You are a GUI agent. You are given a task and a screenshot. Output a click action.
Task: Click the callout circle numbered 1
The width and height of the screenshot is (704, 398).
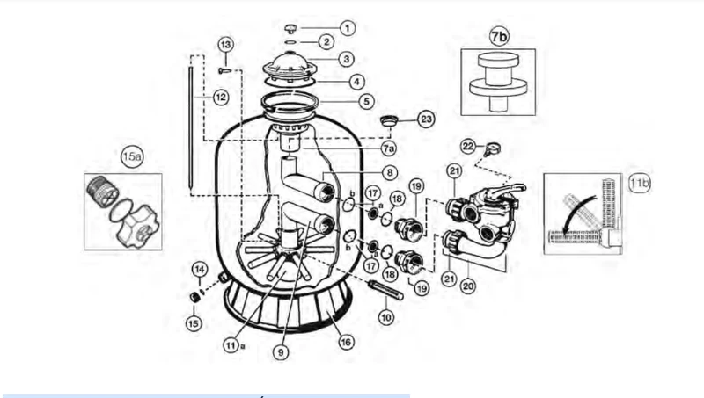[347, 28]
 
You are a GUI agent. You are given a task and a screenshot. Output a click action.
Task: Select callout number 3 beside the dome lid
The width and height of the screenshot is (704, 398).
[346, 59]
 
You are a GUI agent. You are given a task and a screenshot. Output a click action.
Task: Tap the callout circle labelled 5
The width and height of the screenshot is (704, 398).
[366, 101]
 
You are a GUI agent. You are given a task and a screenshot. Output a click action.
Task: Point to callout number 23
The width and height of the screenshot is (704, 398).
[426, 119]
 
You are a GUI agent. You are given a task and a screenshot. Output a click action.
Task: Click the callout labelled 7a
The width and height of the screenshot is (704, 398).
[389, 148]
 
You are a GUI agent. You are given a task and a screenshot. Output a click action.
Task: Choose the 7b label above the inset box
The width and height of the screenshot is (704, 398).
[499, 36]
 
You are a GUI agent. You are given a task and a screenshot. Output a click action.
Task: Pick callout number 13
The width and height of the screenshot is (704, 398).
[226, 45]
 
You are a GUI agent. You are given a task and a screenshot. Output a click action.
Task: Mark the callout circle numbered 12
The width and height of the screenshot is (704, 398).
[221, 98]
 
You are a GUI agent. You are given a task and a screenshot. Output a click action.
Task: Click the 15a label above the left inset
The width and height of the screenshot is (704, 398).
[132, 156]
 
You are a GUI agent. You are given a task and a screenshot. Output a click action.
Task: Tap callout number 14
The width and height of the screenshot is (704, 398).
[200, 270]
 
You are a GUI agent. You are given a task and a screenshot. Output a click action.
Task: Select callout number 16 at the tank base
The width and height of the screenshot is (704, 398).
[345, 343]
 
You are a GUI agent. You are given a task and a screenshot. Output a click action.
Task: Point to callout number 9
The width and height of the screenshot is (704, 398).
[281, 352]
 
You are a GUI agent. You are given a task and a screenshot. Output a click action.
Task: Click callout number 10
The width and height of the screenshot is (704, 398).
[386, 317]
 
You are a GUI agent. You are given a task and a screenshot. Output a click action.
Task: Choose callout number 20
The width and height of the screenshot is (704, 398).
[468, 286]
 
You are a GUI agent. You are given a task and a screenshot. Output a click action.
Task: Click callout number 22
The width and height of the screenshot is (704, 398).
[468, 147]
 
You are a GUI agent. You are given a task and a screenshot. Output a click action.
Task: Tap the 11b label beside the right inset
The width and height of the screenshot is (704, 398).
[640, 183]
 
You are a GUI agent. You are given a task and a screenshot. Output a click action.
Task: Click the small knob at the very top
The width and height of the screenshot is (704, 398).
[291, 29]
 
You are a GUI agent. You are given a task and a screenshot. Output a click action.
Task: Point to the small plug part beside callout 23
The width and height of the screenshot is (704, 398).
[389, 120]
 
